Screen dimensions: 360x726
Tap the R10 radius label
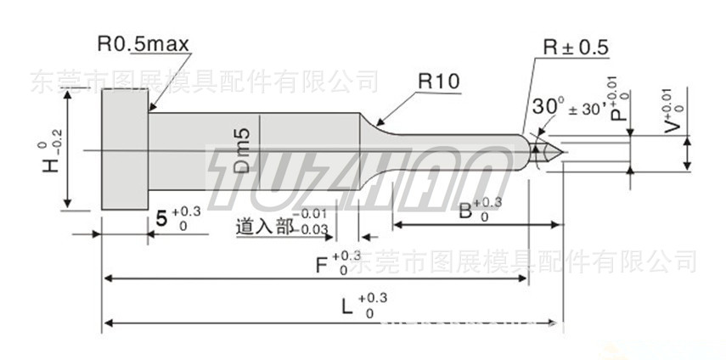(x=438, y=82)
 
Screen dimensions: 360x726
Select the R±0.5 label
(x=577, y=48)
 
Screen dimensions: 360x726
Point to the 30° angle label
(x=549, y=106)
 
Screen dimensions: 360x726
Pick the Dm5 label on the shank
(x=242, y=151)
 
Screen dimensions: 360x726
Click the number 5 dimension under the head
(x=161, y=218)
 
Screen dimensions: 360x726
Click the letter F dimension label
(x=324, y=264)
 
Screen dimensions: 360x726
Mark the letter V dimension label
(x=672, y=124)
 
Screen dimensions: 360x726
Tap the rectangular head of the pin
(x=125, y=149)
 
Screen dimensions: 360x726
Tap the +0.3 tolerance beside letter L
(x=373, y=298)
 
